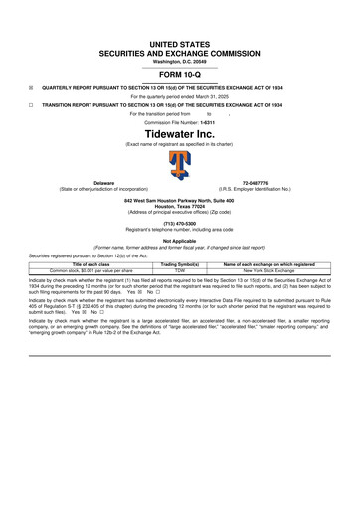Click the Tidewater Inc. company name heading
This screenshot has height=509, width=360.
[180, 133]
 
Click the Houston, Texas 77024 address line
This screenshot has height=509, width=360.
[180, 206]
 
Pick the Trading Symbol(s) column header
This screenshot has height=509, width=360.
[180, 264]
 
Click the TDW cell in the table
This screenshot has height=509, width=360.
[180, 270]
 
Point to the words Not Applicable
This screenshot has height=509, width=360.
[180, 241]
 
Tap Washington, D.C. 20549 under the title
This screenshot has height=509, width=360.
[180, 62]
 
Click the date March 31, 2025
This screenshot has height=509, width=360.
[211, 95]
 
